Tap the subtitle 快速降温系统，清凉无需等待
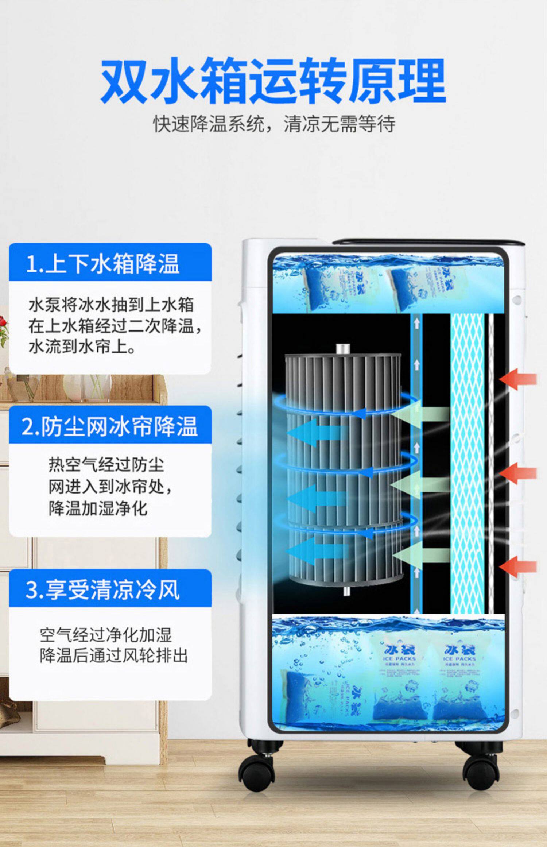[x=273, y=124]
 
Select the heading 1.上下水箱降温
[x=103, y=264]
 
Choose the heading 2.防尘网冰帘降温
[x=109, y=426]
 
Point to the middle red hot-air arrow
[x=518, y=473]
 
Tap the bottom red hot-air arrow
[x=518, y=567]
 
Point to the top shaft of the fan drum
[x=343, y=349]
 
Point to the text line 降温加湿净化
[x=98, y=508]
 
